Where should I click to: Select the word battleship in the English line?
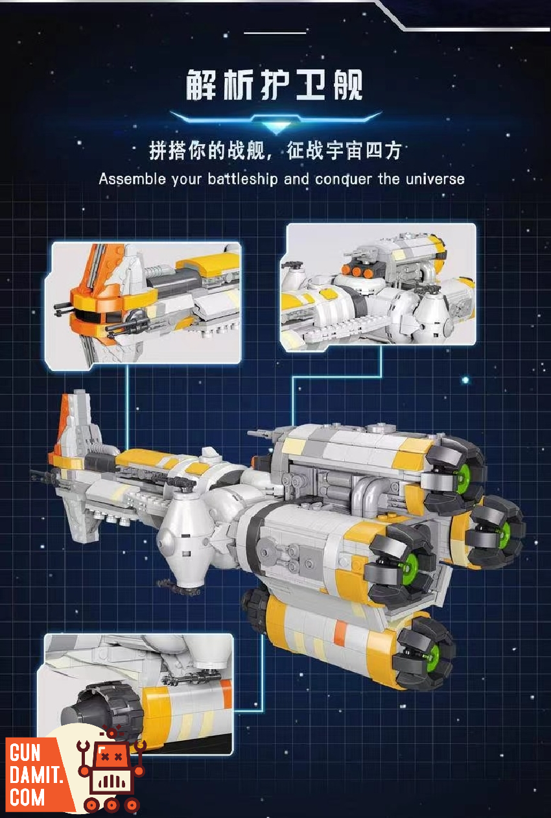242,179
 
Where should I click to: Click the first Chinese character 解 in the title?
201,85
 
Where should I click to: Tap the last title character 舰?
348,85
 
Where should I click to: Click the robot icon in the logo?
111,771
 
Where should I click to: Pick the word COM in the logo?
27,797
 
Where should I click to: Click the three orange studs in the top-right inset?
357,271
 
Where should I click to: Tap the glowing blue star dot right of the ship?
465,380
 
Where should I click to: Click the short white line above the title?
275,33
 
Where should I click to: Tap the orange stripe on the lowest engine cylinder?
340,631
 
